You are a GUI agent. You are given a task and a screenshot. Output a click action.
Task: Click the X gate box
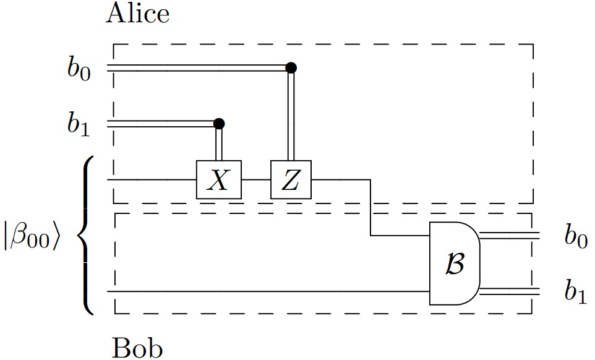tap(218, 180)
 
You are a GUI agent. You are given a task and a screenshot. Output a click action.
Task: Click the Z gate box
tap(291, 180)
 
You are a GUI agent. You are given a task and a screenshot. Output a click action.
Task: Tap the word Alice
tap(137, 13)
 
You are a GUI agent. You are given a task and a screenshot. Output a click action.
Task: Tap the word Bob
tap(137, 348)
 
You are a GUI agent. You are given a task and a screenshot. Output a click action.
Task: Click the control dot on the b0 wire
tap(291, 67)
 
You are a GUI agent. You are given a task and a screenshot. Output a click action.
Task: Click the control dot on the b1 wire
tap(218, 124)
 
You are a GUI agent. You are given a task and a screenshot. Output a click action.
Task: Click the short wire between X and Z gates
tap(255, 180)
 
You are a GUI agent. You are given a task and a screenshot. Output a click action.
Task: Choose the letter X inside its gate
tap(218, 181)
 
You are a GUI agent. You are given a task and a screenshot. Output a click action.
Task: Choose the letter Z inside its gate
tap(291, 181)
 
